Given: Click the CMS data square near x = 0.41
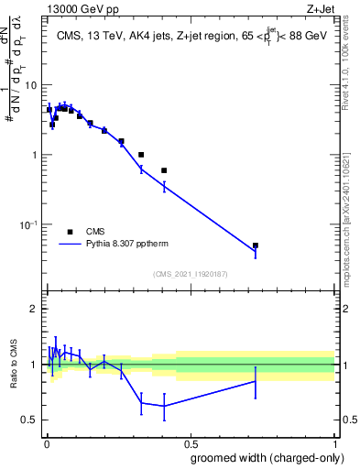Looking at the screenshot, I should point(164,170).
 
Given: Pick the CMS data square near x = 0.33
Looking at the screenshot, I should point(141,155).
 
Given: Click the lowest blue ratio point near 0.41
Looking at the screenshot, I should point(164,406).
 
